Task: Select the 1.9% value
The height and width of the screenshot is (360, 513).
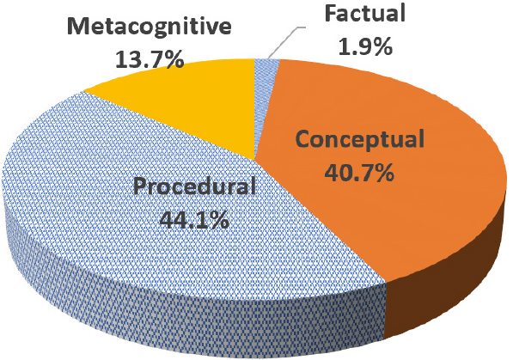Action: (x=365, y=44)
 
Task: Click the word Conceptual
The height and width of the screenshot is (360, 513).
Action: (x=362, y=141)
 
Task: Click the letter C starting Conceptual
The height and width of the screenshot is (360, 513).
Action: (x=305, y=141)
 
